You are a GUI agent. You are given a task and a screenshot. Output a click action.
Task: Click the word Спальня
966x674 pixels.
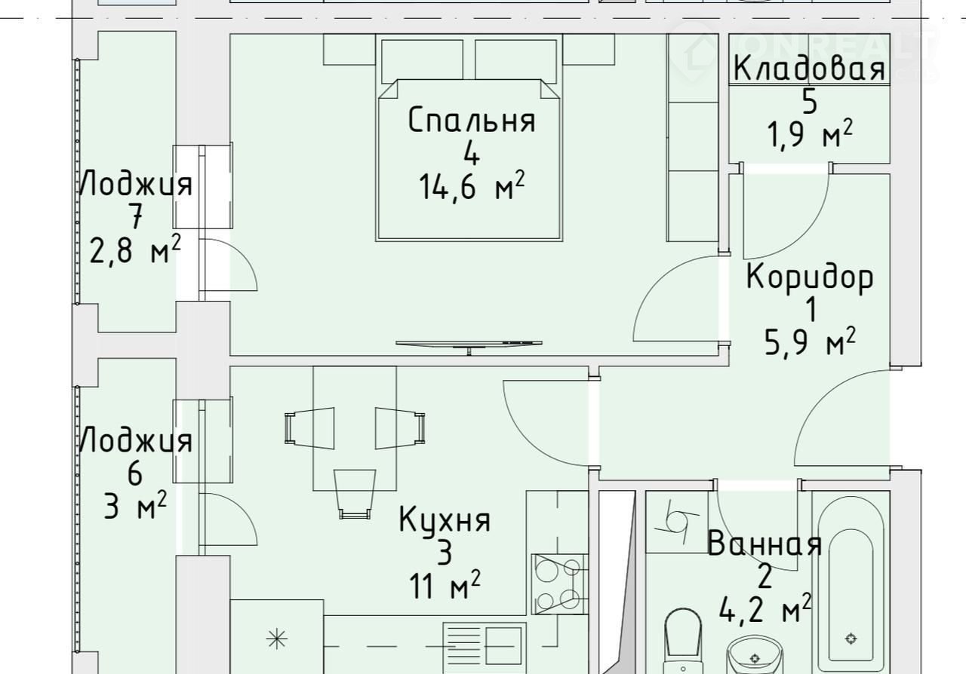tap(472, 120)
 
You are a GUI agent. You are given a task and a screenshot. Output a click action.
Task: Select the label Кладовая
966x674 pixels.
tap(809, 68)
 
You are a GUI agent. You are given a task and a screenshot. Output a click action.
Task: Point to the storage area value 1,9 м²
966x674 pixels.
tap(809, 133)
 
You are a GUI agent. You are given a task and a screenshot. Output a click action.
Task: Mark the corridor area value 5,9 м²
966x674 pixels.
tap(810, 342)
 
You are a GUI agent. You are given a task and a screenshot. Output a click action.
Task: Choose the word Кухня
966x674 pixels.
tap(445, 519)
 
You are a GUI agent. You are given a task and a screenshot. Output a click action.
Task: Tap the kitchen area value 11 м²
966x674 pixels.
tap(445, 585)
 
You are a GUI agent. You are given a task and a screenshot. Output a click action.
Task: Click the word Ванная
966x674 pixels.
tap(764, 544)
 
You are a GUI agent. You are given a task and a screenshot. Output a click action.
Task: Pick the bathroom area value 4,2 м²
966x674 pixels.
tap(764, 608)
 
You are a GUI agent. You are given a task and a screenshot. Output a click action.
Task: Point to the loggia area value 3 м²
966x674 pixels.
tap(135, 506)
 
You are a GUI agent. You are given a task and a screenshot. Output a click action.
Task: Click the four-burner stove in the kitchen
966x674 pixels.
tap(560, 584)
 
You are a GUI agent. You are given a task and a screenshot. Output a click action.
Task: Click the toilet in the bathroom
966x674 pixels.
tap(683, 642)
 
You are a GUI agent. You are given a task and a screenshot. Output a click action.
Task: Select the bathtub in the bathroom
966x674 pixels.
tap(851, 585)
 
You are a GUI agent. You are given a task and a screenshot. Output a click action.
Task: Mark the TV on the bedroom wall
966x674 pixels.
tap(469, 345)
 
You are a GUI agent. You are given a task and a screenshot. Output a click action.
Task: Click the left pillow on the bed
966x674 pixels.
tap(422, 61)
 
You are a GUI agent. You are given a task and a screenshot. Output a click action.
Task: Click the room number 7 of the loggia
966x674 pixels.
tap(135, 216)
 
